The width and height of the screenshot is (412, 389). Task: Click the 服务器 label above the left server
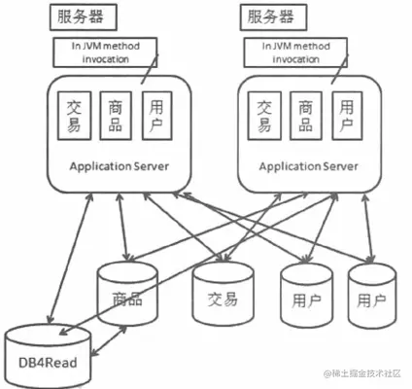[84, 18]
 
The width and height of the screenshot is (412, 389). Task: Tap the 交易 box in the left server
[73, 117]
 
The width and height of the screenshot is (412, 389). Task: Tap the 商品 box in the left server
[116, 117]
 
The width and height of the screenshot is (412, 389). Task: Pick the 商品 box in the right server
[305, 117]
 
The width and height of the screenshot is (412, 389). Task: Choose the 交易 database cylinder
[222, 295]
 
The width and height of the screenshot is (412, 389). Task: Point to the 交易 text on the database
[222, 299]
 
